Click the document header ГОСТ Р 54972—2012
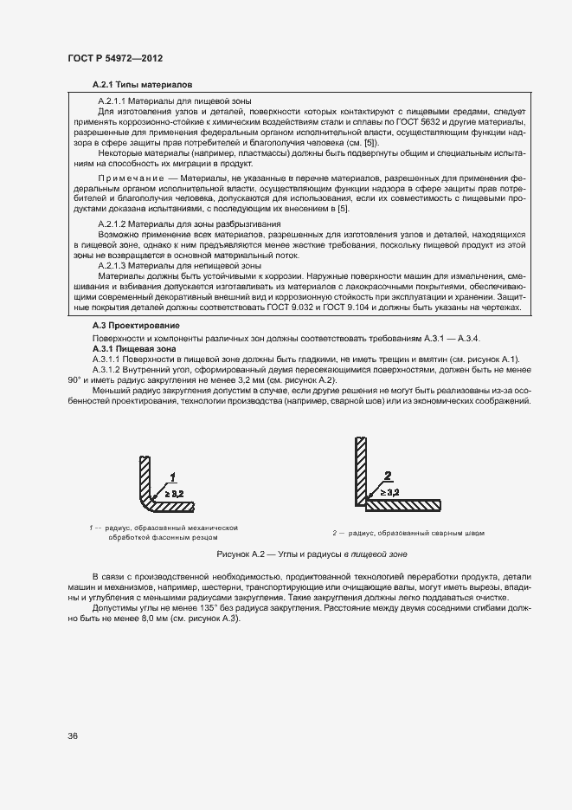click(x=115, y=58)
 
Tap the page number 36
click(x=73, y=735)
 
